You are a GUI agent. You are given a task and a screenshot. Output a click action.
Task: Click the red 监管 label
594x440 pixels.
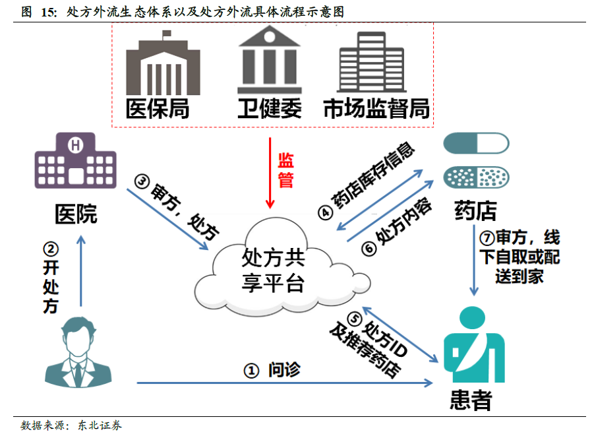coord(285,170)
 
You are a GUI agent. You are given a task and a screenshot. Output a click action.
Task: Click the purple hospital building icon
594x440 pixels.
coord(75,162)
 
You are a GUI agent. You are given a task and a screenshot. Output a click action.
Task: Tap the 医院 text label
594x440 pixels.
coord(75,214)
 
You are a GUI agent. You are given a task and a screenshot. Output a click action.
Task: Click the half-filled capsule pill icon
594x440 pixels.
coord(476,143)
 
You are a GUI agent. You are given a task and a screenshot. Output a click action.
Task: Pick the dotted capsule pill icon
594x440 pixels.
coord(476,177)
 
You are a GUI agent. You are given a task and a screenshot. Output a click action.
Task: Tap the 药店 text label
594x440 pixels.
coord(475,212)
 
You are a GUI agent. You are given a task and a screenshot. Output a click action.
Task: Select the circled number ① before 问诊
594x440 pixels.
coord(251,371)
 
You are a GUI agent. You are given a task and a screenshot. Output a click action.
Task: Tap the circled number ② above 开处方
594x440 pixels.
coord(51,249)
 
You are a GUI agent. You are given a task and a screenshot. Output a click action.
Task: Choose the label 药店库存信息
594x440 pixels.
coord(372,179)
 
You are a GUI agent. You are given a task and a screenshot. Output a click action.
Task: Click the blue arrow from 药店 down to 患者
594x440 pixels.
coord(473,261)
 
